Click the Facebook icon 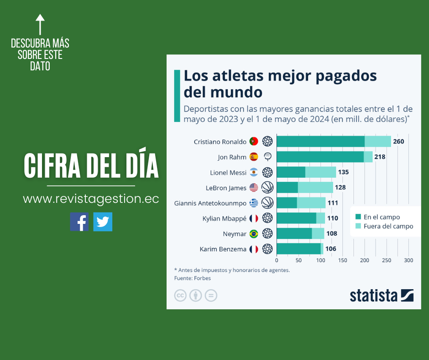[x=79, y=222]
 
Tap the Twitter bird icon [x=103, y=222]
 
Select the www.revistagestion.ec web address [x=91, y=199]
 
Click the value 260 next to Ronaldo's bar [x=398, y=142]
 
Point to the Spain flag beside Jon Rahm [x=254, y=157]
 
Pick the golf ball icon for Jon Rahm [x=267, y=157]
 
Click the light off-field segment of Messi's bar [x=320, y=172]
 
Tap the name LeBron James [x=226, y=188]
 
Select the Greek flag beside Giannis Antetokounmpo [x=254, y=203]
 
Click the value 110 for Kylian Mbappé [x=333, y=218]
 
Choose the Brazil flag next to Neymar [x=254, y=234]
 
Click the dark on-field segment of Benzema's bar [x=298, y=249]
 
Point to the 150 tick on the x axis [x=343, y=260]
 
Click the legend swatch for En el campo [x=358, y=217]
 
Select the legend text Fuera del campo [x=388, y=226]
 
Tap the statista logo [x=382, y=296]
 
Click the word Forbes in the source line [x=202, y=278]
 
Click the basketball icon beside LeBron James [x=267, y=188]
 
